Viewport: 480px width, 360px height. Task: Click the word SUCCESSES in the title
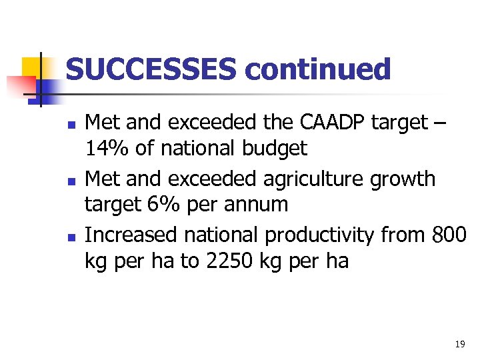click(x=150, y=69)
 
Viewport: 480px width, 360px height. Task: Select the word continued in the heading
click(x=317, y=69)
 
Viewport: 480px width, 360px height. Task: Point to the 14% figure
click(x=107, y=148)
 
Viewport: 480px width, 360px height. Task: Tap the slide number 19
click(x=459, y=345)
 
